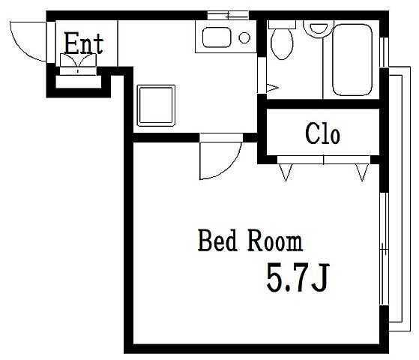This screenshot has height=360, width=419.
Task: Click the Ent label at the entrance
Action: pos(84,43)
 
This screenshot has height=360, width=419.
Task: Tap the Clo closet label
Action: pos(322,133)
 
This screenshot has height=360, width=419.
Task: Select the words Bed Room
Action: pos(250,240)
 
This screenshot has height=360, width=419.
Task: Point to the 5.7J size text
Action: pos(298,277)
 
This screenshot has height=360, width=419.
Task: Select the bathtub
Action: pos(352,59)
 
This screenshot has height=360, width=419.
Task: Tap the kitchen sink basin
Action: pos(217,37)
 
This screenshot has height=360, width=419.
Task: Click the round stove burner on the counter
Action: pos(244,37)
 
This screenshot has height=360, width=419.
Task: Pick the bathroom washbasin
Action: pos(319,28)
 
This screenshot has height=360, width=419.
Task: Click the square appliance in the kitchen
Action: pos(156,106)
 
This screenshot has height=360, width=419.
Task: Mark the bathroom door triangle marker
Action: pos(272,88)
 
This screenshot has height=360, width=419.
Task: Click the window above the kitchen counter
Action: pos(228,15)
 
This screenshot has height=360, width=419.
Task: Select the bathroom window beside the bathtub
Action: pos(384,52)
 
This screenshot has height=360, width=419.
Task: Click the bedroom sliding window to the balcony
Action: pos(384,249)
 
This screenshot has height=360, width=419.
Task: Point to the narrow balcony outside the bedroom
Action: pos(400,199)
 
